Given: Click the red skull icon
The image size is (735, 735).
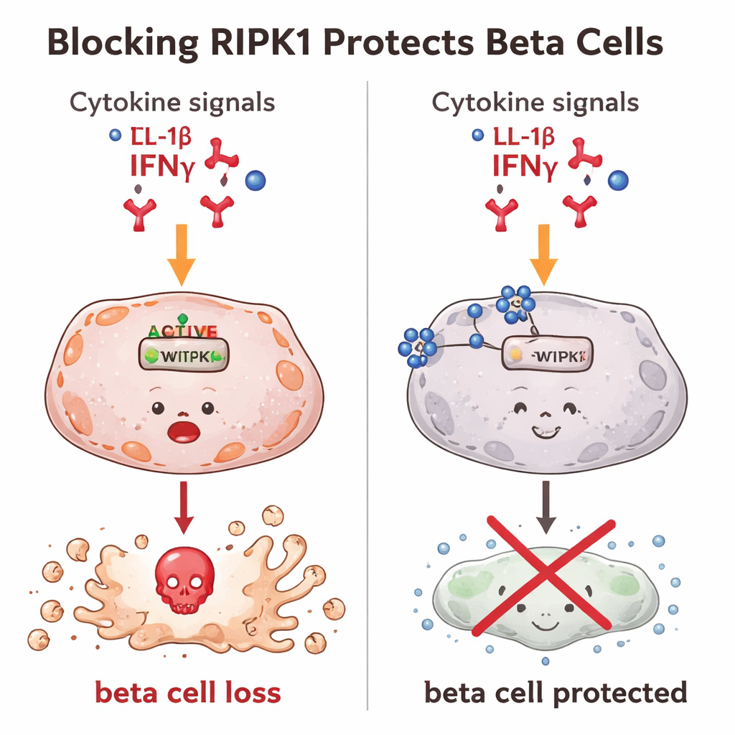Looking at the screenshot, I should point(184,580).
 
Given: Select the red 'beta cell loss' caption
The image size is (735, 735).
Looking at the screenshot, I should point(187,693).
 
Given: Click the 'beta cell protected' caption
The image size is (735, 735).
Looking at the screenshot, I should point(555,693).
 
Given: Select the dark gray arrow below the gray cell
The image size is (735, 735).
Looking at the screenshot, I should point(545,506).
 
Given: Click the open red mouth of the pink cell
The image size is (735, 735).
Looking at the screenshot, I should point(184,431).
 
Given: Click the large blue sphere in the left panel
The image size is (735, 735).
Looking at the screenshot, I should point(255,181).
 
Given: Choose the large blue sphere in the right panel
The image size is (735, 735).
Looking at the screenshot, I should point(617,181).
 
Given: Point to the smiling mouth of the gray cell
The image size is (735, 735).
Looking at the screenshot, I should point(545,432).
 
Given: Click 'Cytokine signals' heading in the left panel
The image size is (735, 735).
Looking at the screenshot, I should point(172,102).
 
